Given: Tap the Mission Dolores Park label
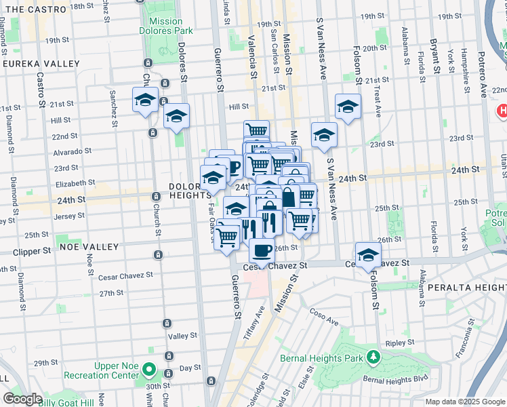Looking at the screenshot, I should click(x=165, y=26).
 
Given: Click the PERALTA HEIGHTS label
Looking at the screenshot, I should click(x=466, y=288).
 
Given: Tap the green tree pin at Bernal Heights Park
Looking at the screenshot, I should click(x=372, y=357).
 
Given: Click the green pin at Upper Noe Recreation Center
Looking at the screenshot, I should click(x=150, y=371).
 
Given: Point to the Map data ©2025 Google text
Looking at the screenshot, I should click(x=465, y=402).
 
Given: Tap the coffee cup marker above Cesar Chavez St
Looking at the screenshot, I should click(x=262, y=250).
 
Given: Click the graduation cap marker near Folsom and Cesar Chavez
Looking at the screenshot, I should click(x=367, y=255).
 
